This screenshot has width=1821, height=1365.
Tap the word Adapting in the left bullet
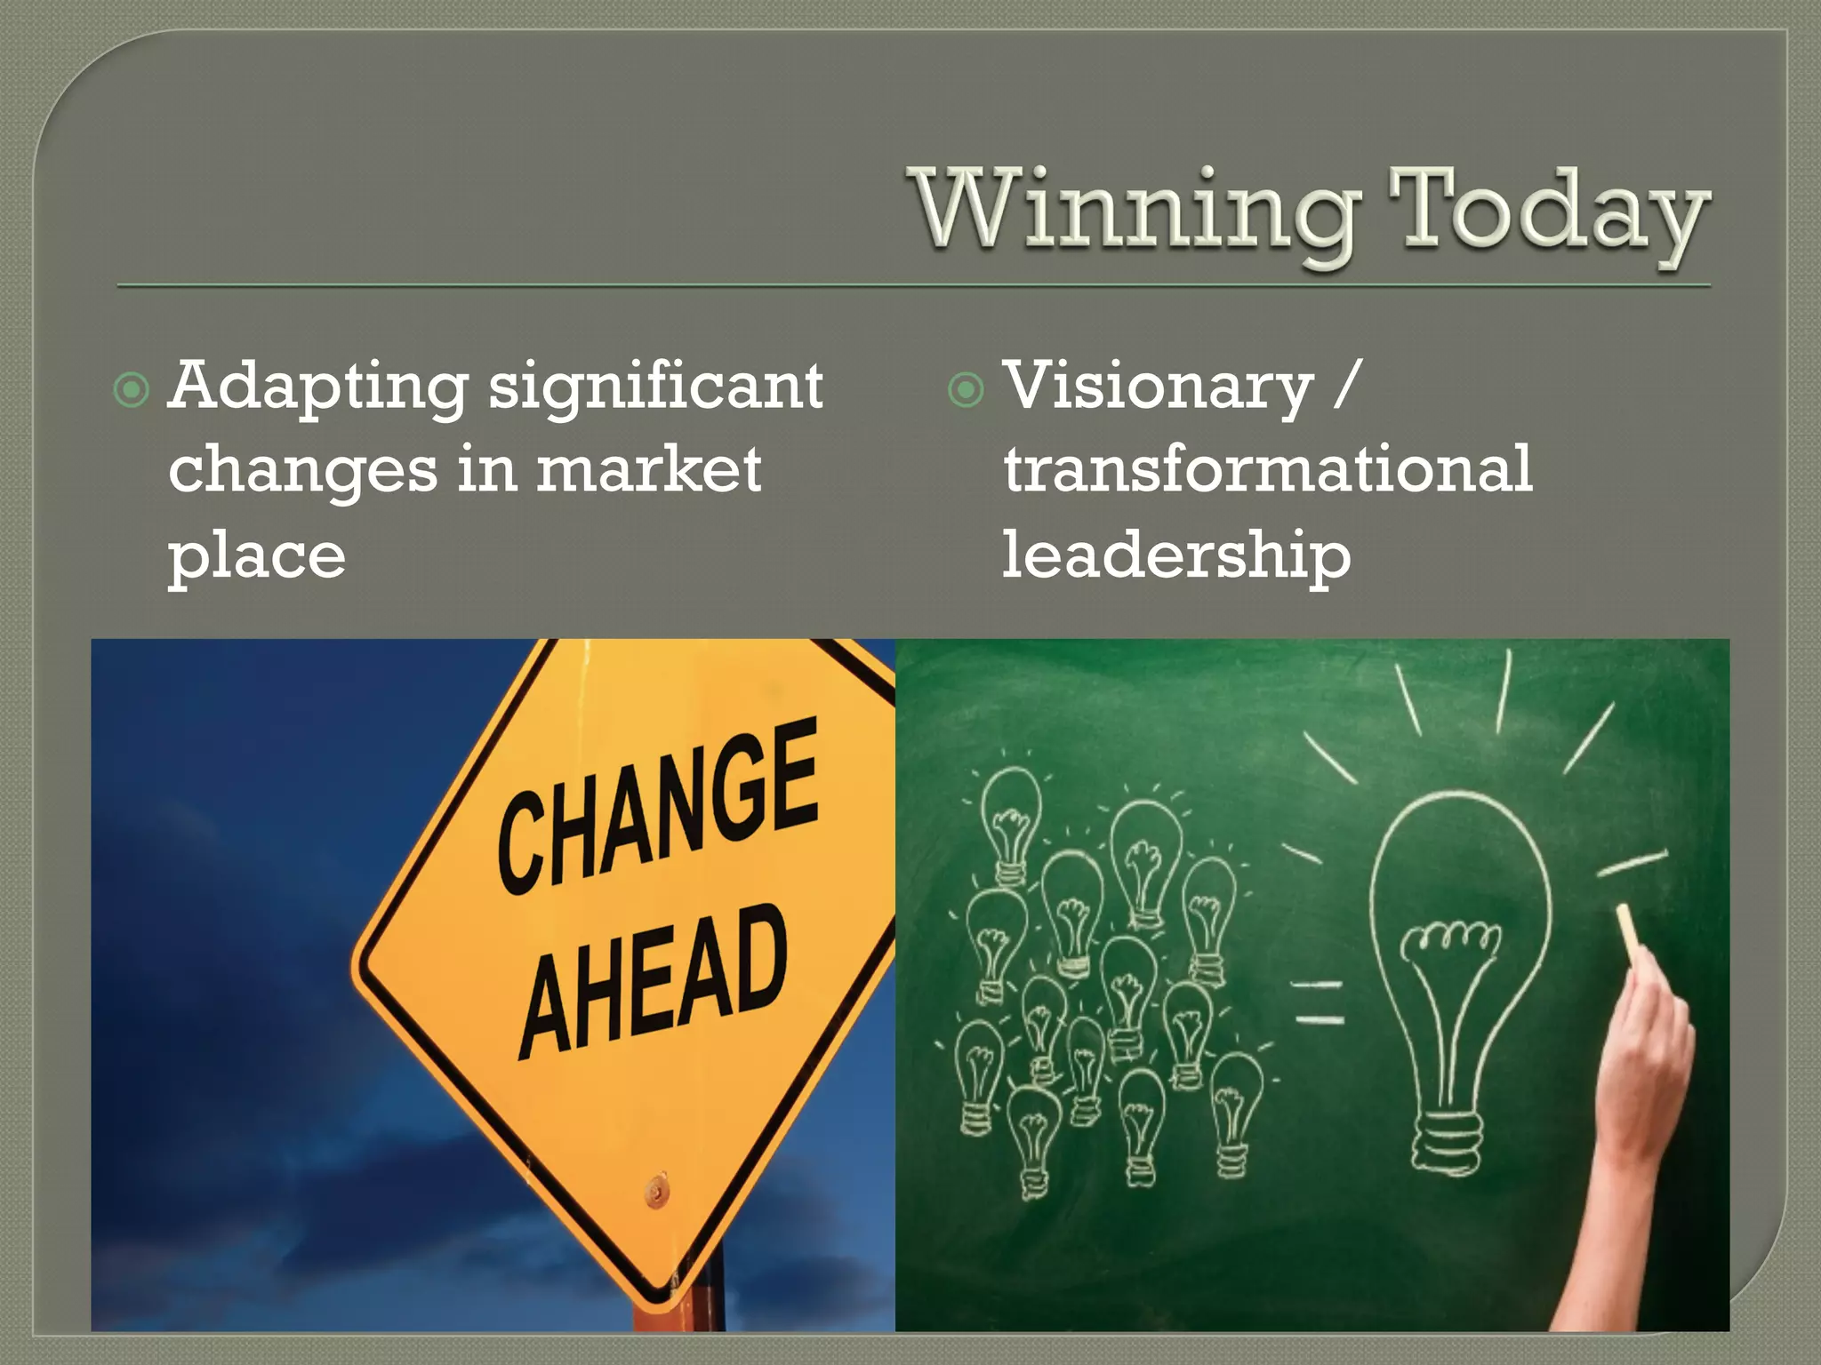(317, 387)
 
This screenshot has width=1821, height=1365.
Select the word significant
(656, 387)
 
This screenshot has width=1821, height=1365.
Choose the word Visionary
(1158, 387)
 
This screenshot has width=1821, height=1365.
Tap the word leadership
(1175, 555)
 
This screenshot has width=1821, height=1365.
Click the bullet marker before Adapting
(132, 389)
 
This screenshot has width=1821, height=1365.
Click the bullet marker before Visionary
(966, 389)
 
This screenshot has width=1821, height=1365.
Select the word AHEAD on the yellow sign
(654, 982)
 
